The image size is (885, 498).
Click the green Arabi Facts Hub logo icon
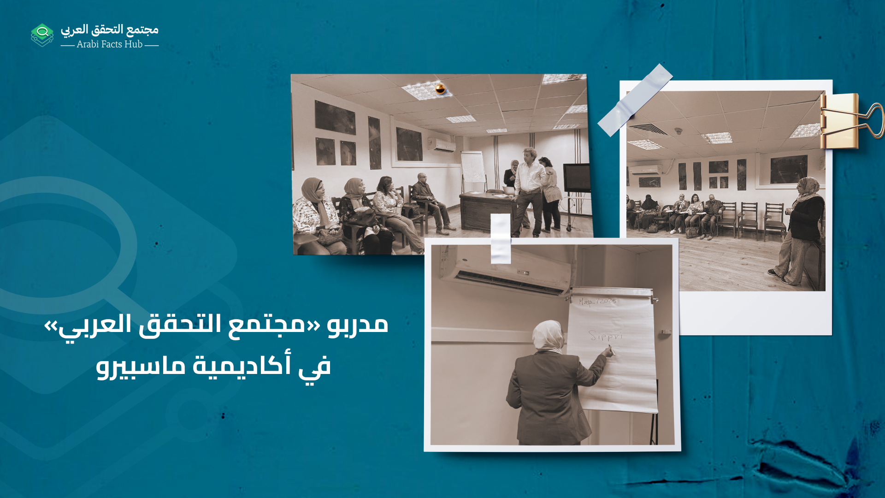[42, 35]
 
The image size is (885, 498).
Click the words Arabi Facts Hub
[109, 44]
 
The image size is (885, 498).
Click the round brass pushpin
[440, 89]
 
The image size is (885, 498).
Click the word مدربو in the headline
[358, 324]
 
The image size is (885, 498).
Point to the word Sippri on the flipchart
[605, 336]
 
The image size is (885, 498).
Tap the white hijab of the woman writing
[548, 335]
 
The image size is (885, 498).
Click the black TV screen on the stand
[577, 178]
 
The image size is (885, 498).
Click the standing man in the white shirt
[529, 189]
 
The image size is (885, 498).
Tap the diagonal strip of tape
[635, 100]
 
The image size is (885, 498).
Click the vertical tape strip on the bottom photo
[501, 238]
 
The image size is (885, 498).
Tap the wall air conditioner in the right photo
[645, 170]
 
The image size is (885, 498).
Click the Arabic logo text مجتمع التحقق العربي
[110, 30]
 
